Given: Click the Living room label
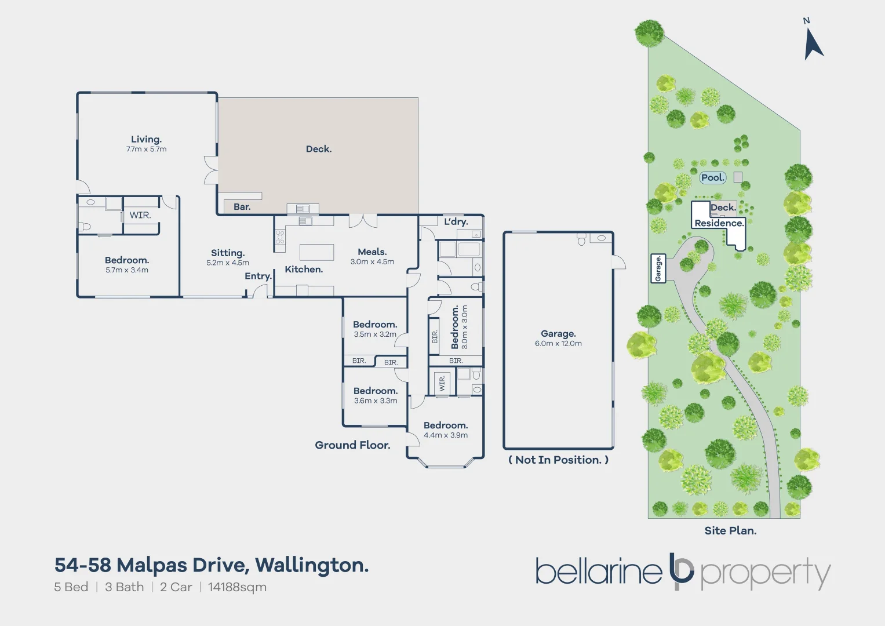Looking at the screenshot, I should point(146,139).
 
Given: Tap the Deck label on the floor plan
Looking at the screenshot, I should point(319,149).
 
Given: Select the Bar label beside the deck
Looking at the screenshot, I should point(242,207).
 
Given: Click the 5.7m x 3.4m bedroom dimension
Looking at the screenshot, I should point(127,270).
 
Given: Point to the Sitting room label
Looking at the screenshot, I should point(228,253).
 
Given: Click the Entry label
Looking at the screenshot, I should point(258,276).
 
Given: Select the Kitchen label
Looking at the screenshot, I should point(304,270).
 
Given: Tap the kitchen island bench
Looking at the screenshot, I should point(316,252).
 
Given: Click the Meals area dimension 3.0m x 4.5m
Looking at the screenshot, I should point(372,262).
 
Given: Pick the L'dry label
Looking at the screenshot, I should point(456,221).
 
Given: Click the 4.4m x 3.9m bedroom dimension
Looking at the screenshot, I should point(446,435).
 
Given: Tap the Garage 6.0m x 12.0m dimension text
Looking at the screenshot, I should point(558,344).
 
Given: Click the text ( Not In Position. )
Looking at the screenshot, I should point(558,460).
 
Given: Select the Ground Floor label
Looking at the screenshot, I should point(352,445).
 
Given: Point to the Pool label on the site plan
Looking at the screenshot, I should point(712,178).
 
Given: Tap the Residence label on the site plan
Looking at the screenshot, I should point(719,223).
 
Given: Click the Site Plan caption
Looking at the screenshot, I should point(730,530).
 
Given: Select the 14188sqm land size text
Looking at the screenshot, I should point(237,587).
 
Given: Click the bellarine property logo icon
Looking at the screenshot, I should point(681,571).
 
